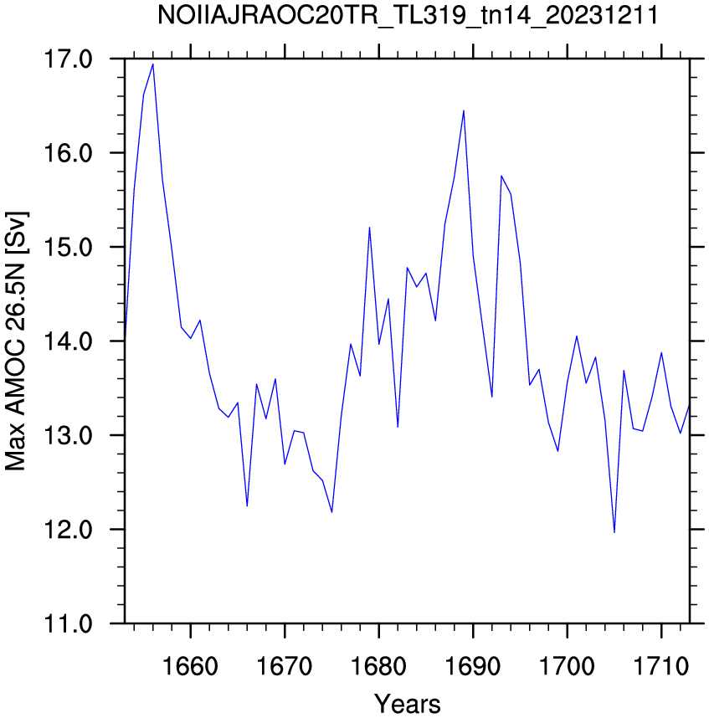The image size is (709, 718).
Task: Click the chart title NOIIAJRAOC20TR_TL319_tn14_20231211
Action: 408,16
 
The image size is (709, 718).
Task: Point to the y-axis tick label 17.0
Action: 68,59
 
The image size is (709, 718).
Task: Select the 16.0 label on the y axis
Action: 68,153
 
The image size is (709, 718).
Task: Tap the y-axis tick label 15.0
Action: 68,247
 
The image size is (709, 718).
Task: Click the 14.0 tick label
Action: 68,341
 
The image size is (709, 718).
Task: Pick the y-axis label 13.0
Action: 68,435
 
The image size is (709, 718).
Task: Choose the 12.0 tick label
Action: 68,530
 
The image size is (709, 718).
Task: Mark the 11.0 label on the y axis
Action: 68,623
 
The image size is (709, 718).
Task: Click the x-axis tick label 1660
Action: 191,666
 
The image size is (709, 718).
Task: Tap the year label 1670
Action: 285,666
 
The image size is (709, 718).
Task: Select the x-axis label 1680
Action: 378,666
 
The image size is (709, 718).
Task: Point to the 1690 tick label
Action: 473,666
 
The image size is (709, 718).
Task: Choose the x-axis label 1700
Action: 567,666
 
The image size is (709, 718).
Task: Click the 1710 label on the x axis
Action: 661,666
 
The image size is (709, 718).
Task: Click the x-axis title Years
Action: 407,703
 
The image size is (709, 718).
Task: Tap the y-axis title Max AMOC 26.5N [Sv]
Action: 16,341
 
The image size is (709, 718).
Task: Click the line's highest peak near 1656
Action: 153,64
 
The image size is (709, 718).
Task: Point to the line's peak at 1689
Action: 464,110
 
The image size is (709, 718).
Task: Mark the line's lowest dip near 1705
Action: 614,532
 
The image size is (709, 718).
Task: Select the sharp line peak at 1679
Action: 369,227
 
